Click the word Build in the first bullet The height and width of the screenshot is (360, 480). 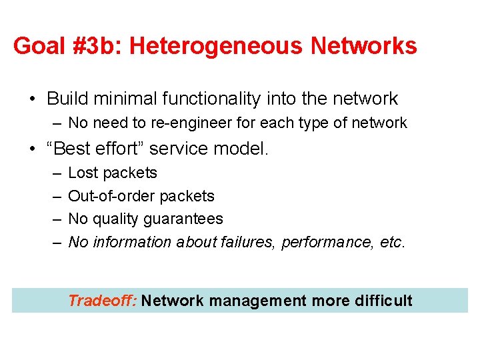(68, 99)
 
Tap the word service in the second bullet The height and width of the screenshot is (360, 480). (188, 148)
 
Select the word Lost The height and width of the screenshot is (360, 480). (82, 173)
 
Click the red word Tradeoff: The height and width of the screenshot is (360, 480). (102, 301)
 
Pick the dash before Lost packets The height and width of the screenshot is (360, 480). (57, 173)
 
